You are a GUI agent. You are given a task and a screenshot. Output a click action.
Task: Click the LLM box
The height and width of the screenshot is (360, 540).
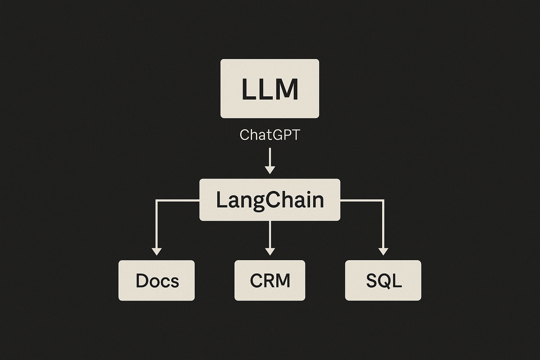coord(270,89)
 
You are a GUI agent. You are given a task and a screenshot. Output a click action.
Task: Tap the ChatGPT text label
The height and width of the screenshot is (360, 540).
coord(270,135)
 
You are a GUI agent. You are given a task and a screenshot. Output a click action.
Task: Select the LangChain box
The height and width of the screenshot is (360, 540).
coord(270,200)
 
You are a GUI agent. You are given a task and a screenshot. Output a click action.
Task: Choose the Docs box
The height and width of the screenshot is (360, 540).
coord(157,280)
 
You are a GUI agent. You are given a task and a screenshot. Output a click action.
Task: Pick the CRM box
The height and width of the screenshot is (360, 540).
coord(270,280)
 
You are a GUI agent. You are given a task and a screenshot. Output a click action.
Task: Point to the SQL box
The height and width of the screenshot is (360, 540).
coord(383,280)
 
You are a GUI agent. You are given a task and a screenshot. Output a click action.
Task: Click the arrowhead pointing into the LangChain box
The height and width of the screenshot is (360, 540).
coord(270,170)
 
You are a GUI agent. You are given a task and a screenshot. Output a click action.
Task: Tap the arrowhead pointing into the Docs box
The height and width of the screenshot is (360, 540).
coord(157,251)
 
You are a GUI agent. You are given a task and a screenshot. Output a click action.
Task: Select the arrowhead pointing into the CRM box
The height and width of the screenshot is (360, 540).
coord(270,251)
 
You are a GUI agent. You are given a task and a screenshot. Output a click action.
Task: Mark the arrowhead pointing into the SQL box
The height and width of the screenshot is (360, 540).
coord(383,251)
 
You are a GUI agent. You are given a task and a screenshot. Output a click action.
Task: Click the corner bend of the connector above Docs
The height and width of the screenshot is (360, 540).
coord(157,200)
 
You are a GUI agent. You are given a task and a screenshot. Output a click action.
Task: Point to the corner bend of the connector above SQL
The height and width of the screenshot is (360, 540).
coord(383,200)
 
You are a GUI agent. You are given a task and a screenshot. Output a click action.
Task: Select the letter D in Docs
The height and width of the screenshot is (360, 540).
coord(142,281)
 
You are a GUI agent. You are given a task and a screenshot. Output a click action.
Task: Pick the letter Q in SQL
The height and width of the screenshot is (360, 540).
coord(383,281)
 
